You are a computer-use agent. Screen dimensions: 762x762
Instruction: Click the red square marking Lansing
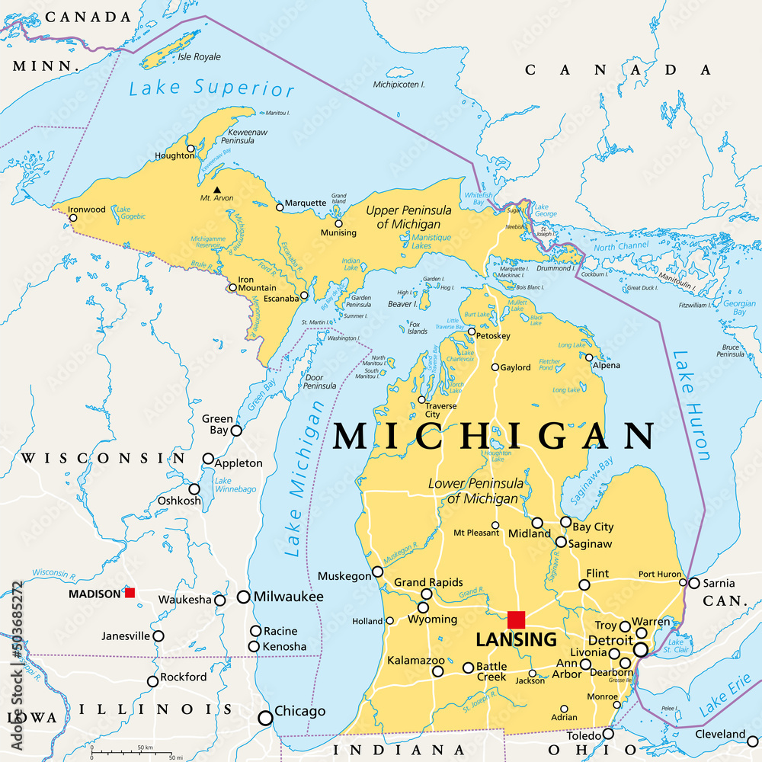click(516, 620)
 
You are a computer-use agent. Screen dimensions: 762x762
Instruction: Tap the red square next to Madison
click(130, 592)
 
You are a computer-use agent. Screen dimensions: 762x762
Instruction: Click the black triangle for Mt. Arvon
click(217, 190)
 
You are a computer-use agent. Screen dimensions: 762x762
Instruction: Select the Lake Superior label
click(211, 89)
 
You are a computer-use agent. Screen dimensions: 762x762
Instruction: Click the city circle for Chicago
click(266, 717)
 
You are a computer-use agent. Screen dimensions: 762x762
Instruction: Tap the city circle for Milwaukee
click(244, 597)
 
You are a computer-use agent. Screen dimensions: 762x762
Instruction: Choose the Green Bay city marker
click(236, 431)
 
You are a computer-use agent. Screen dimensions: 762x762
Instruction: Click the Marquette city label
click(306, 203)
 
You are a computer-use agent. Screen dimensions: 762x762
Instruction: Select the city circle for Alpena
click(589, 357)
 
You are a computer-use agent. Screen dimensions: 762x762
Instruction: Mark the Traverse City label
click(443, 409)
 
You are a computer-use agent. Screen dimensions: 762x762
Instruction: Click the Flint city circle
click(584, 584)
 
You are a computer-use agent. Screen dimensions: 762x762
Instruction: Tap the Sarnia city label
click(719, 584)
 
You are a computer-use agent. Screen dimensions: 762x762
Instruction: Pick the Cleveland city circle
click(753, 741)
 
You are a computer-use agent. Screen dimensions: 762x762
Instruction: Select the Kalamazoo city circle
click(438, 671)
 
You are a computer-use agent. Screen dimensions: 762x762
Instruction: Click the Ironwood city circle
click(73, 218)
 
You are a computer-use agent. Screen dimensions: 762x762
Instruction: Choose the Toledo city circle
click(608, 734)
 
